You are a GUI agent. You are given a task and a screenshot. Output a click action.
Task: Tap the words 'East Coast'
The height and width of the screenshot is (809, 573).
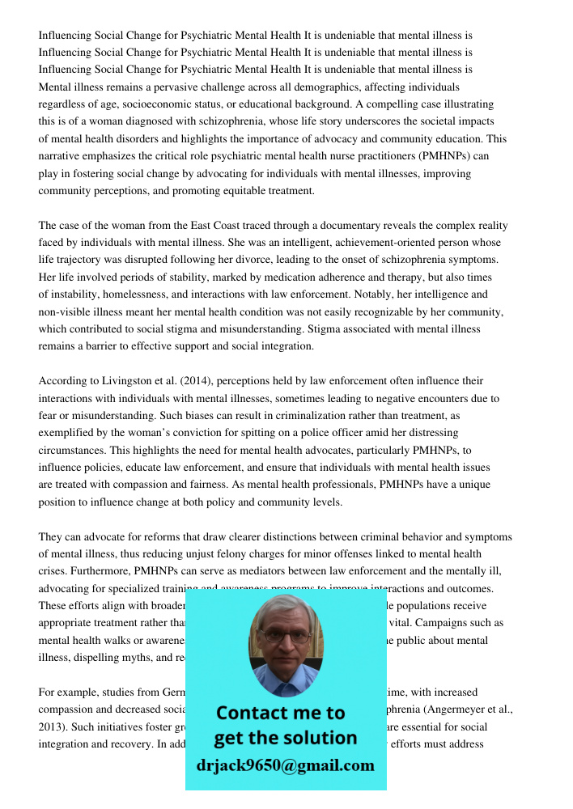coord(200,226)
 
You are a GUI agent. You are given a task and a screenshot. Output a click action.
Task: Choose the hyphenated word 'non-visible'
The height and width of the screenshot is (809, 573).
coord(66,312)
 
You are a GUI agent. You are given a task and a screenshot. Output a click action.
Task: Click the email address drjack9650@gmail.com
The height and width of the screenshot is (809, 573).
coord(285,765)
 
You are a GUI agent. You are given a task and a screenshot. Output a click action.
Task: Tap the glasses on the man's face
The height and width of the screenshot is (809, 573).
coord(285,637)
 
